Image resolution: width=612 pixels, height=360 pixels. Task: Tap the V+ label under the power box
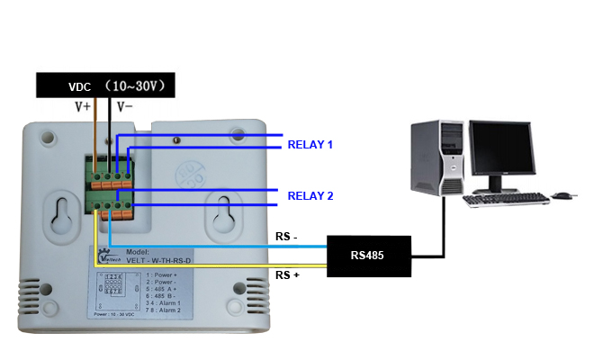point(82,106)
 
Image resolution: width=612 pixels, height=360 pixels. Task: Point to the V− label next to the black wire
point(127,106)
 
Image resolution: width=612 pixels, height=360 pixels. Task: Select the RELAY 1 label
point(310,144)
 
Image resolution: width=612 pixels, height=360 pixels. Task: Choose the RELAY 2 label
point(310,195)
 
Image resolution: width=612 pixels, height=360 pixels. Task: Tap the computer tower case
point(437,157)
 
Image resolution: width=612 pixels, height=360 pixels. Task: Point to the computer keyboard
point(506,199)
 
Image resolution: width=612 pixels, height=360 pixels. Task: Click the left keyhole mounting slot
point(62,213)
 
